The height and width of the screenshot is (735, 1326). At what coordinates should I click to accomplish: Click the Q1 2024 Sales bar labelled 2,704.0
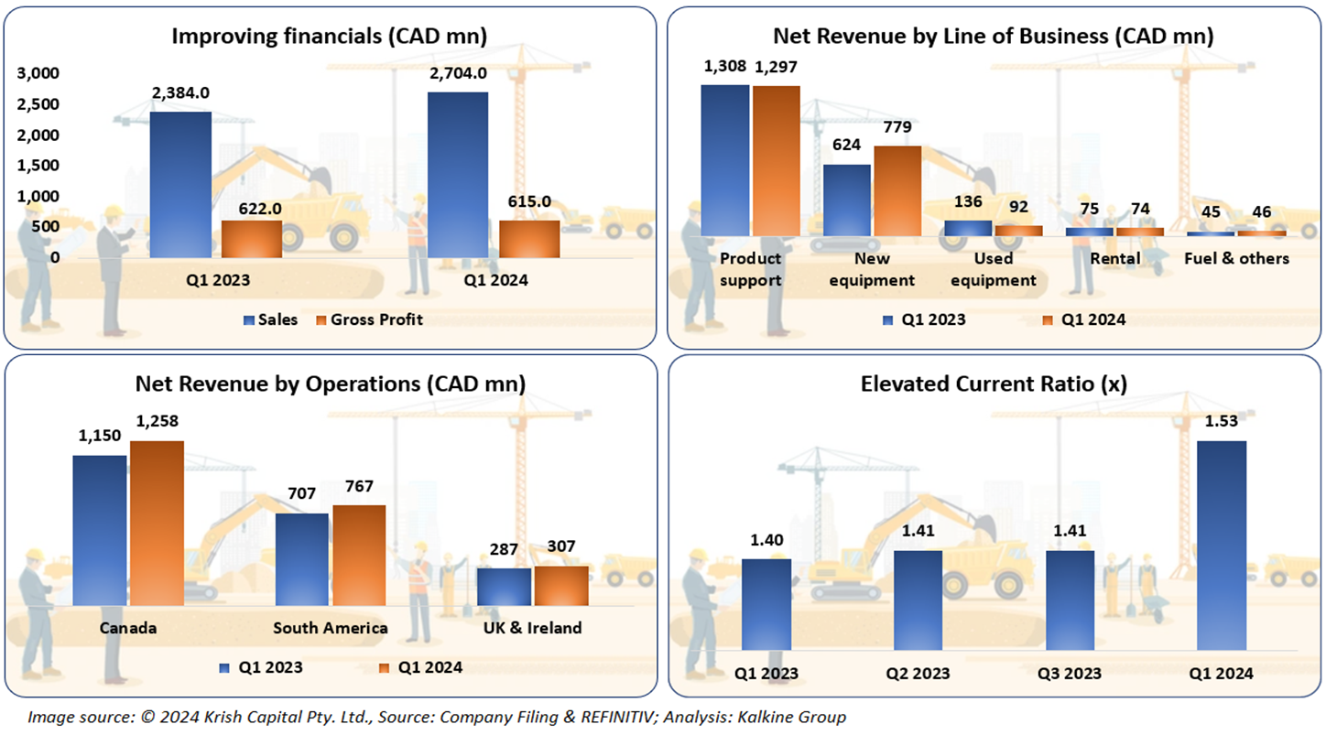[458, 174]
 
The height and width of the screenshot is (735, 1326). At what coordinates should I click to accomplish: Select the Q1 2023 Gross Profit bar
[252, 238]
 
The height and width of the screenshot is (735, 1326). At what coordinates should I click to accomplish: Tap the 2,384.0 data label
[180, 92]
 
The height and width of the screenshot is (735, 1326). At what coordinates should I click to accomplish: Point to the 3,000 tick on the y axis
[39, 73]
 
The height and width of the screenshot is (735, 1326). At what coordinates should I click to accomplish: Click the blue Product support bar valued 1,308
[725, 160]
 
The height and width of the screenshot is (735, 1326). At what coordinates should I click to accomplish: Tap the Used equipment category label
[993, 269]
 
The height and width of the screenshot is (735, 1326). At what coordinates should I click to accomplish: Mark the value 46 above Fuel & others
[1262, 211]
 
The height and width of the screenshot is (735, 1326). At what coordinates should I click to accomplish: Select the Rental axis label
[1114, 258]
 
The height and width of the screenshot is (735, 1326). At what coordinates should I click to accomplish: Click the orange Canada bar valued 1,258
[157, 523]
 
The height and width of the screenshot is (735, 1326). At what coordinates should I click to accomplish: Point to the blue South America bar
[302, 558]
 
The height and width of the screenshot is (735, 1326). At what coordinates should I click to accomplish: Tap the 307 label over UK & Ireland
[562, 546]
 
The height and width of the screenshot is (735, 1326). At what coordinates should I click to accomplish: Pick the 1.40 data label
[766, 540]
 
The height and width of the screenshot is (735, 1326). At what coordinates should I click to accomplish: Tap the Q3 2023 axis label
[1071, 674]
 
